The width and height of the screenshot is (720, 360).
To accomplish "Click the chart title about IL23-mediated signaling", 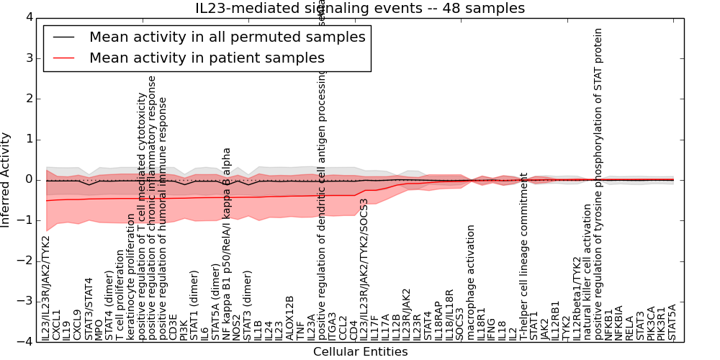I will pos(360,9).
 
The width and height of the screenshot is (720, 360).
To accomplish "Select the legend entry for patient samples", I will pos(207,58).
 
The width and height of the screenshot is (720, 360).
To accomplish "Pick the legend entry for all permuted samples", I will pos(227,37).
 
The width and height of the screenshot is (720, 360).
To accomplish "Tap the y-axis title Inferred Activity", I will pos(6,179).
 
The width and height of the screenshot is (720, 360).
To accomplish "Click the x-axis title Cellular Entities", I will pos(360,351).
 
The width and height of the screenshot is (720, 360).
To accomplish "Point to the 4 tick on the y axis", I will pos(27,17).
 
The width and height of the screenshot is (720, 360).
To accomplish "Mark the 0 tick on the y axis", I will pos(27,179).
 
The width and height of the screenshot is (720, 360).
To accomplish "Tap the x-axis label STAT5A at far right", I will pos(672,322).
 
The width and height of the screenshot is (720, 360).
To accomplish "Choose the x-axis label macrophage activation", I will pos(471,282).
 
